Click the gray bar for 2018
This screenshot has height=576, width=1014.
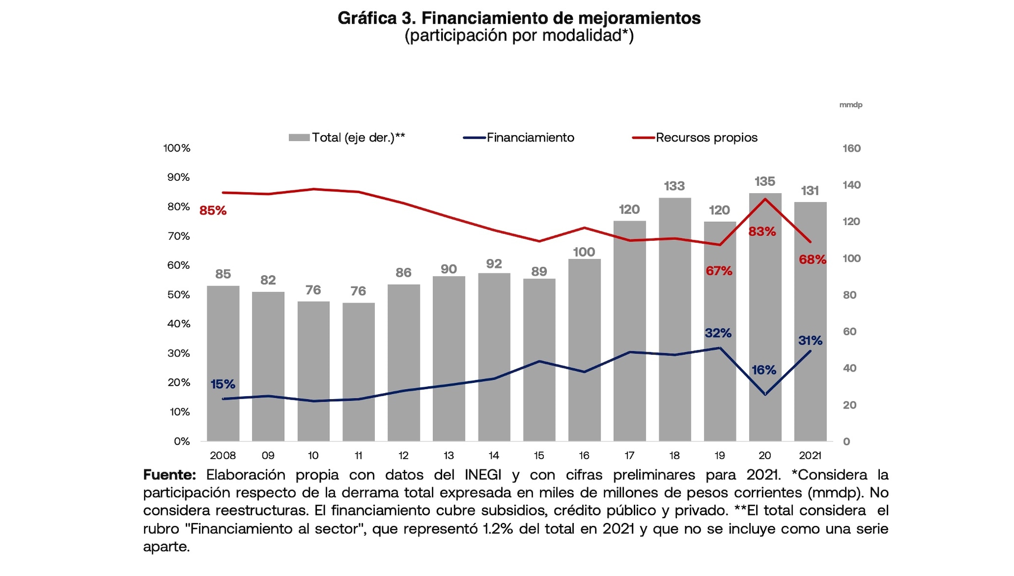(x=674, y=319)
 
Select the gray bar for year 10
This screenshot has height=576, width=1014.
(x=313, y=371)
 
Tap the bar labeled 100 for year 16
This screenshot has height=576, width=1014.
(x=584, y=350)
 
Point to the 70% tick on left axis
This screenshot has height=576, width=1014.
(x=178, y=236)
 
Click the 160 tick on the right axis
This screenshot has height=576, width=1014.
(x=852, y=148)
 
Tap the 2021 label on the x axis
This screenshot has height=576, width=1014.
(x=810, y=455)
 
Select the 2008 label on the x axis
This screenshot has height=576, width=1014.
(x=223, y=455)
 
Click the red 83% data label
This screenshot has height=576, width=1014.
(x=762, y=231)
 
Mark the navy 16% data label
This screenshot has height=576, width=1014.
(x=763, y=370)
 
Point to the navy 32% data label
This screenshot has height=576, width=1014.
(x=718, y=333)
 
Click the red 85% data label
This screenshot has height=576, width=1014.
(x=213, y=210)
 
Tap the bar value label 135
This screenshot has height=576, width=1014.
(x=764, y=181)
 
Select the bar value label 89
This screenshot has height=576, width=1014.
(x=539, y=271)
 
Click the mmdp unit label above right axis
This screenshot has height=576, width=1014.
(x=851, y=105)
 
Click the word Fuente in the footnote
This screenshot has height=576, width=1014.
(x=169, y=474)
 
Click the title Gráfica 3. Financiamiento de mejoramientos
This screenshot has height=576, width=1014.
(x=519, y=18)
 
